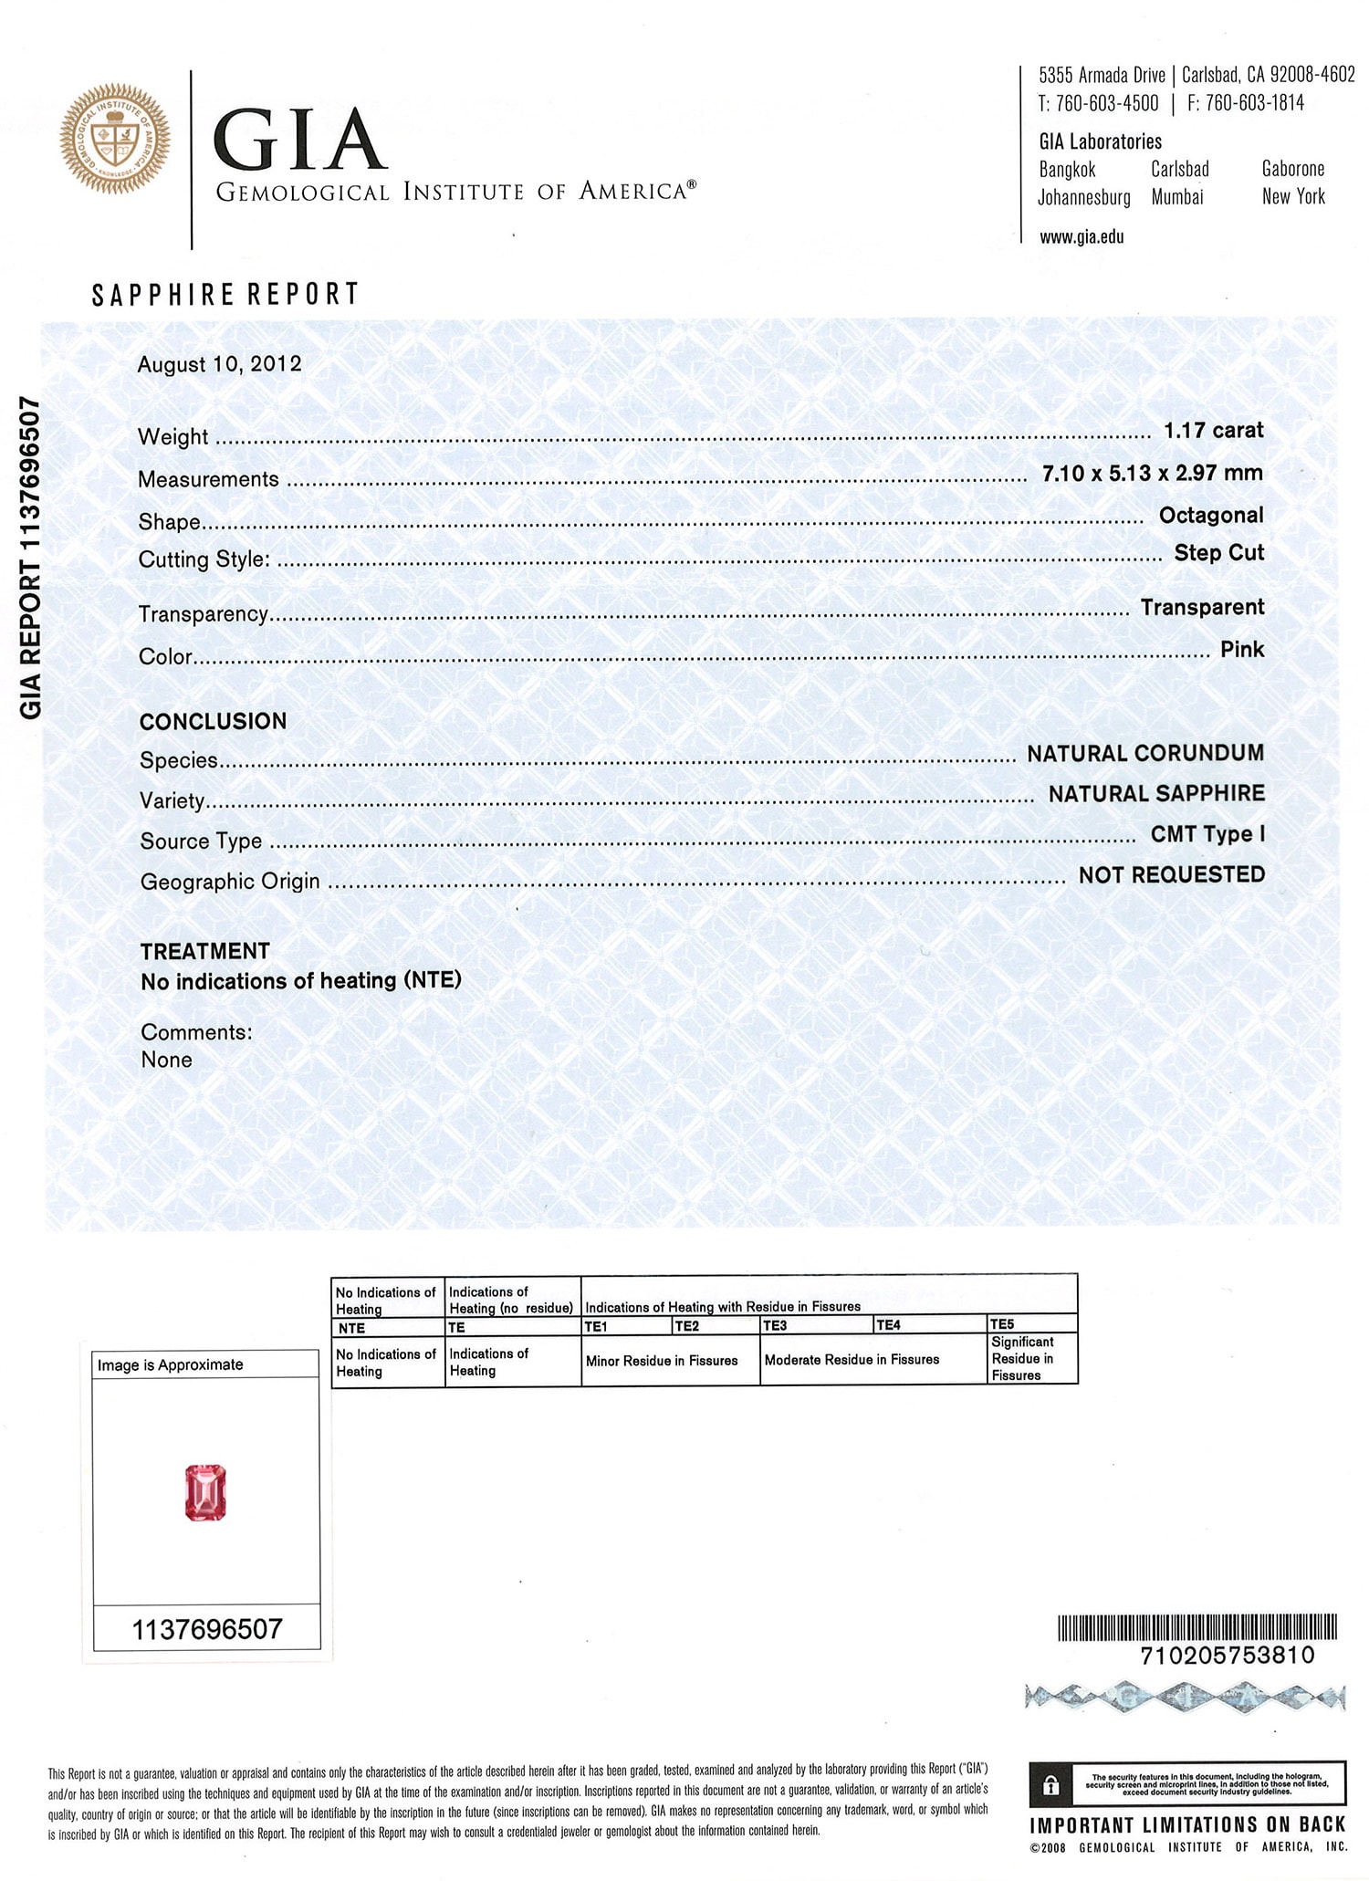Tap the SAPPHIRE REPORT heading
[225, 294]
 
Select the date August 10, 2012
[219, 364]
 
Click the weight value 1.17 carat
[1213, 430]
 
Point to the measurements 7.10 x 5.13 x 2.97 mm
[1152, 473]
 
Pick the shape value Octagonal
[1210, 515]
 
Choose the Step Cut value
[1218, 552]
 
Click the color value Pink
[1241, 649]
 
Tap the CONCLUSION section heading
[213, 721]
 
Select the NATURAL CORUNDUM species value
[1145, 753]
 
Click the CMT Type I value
[1207, 833]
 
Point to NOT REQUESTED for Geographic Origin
[1171, 874]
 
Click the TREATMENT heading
[204, 951]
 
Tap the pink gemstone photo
[205, 1492]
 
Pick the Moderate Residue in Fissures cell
[852, 1359]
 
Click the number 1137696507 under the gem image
[207, 1629]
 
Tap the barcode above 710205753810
[1197, 1627]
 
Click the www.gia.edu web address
[1082, 237]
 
